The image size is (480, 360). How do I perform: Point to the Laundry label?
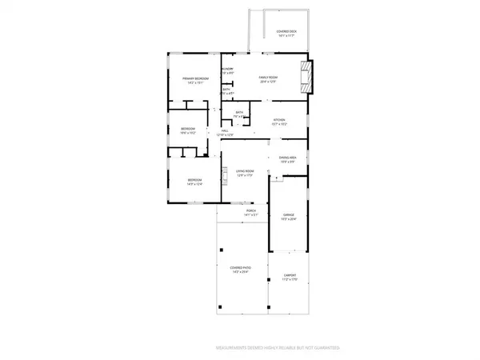point(227,70)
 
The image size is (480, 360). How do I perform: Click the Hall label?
point(225,131)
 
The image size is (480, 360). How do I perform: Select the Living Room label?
point(244,171)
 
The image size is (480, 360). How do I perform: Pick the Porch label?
point(250,211)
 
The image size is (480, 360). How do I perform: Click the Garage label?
point(289,215)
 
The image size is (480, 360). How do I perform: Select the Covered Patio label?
point(240,268)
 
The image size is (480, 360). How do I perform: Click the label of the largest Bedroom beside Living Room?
point(194,181)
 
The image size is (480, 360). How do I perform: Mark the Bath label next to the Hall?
point(238,113)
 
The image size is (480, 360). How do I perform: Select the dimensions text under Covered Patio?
point(240,273)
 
